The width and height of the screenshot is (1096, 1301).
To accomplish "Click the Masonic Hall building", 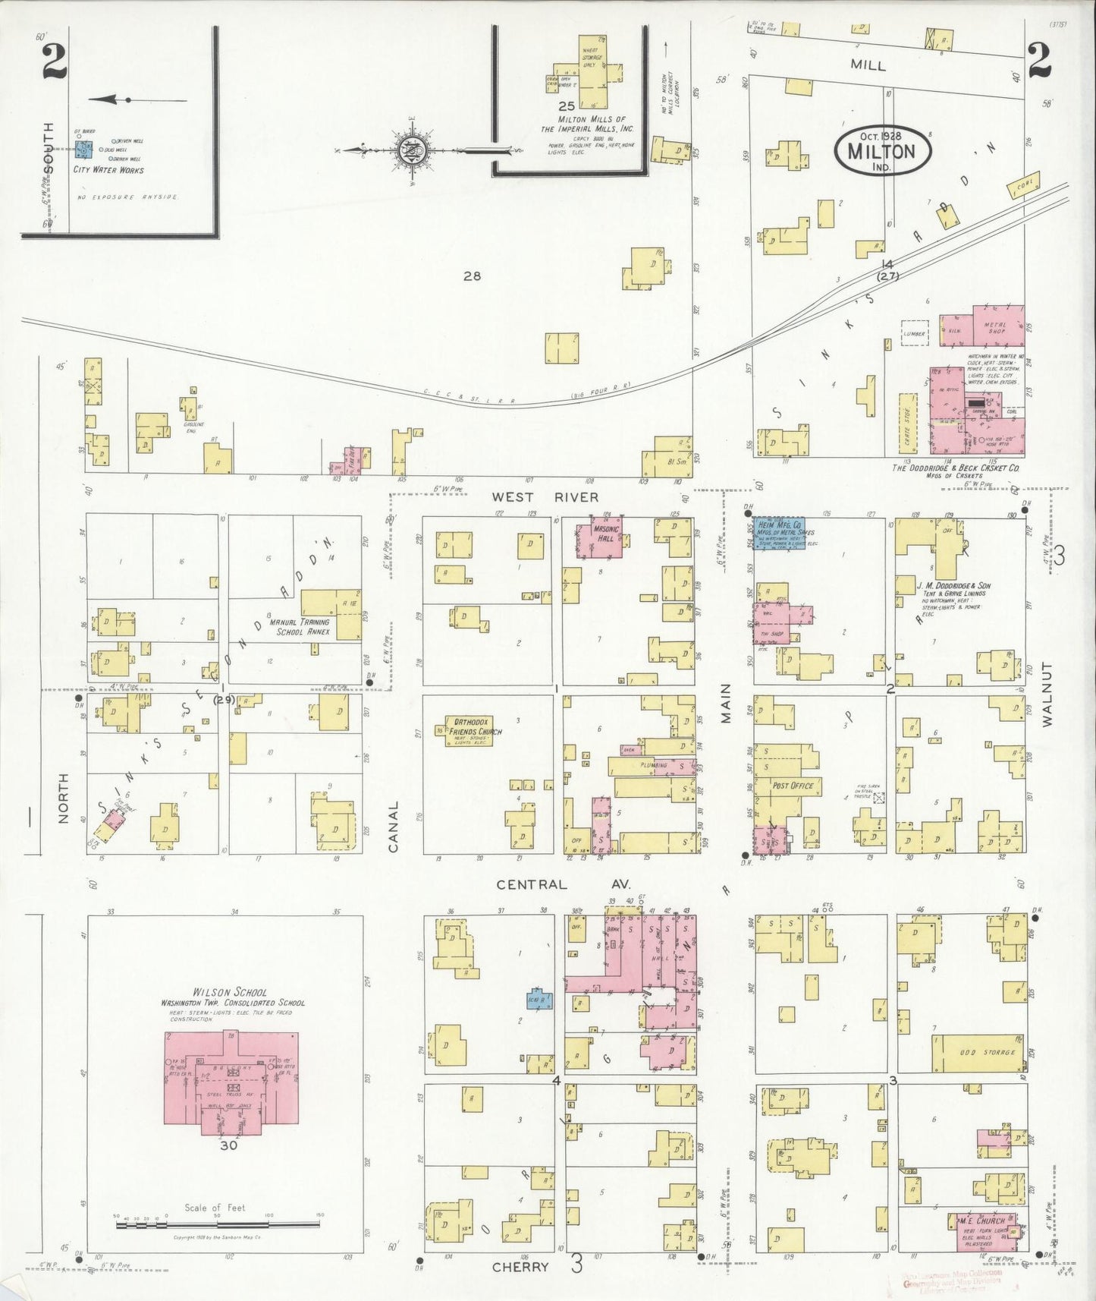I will pos(605,537).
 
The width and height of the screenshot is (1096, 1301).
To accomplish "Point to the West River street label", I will pos(545,497).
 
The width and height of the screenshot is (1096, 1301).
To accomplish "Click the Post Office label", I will pos(792,786).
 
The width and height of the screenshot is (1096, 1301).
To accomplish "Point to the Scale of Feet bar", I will pos(217,1224).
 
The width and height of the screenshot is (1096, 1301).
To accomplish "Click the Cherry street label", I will pos(520,1267).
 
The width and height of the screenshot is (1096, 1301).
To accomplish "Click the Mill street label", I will pos(867,65).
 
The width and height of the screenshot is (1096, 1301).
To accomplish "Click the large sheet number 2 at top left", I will pos(55,58).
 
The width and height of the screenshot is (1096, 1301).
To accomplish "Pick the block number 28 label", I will pos(472,276).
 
